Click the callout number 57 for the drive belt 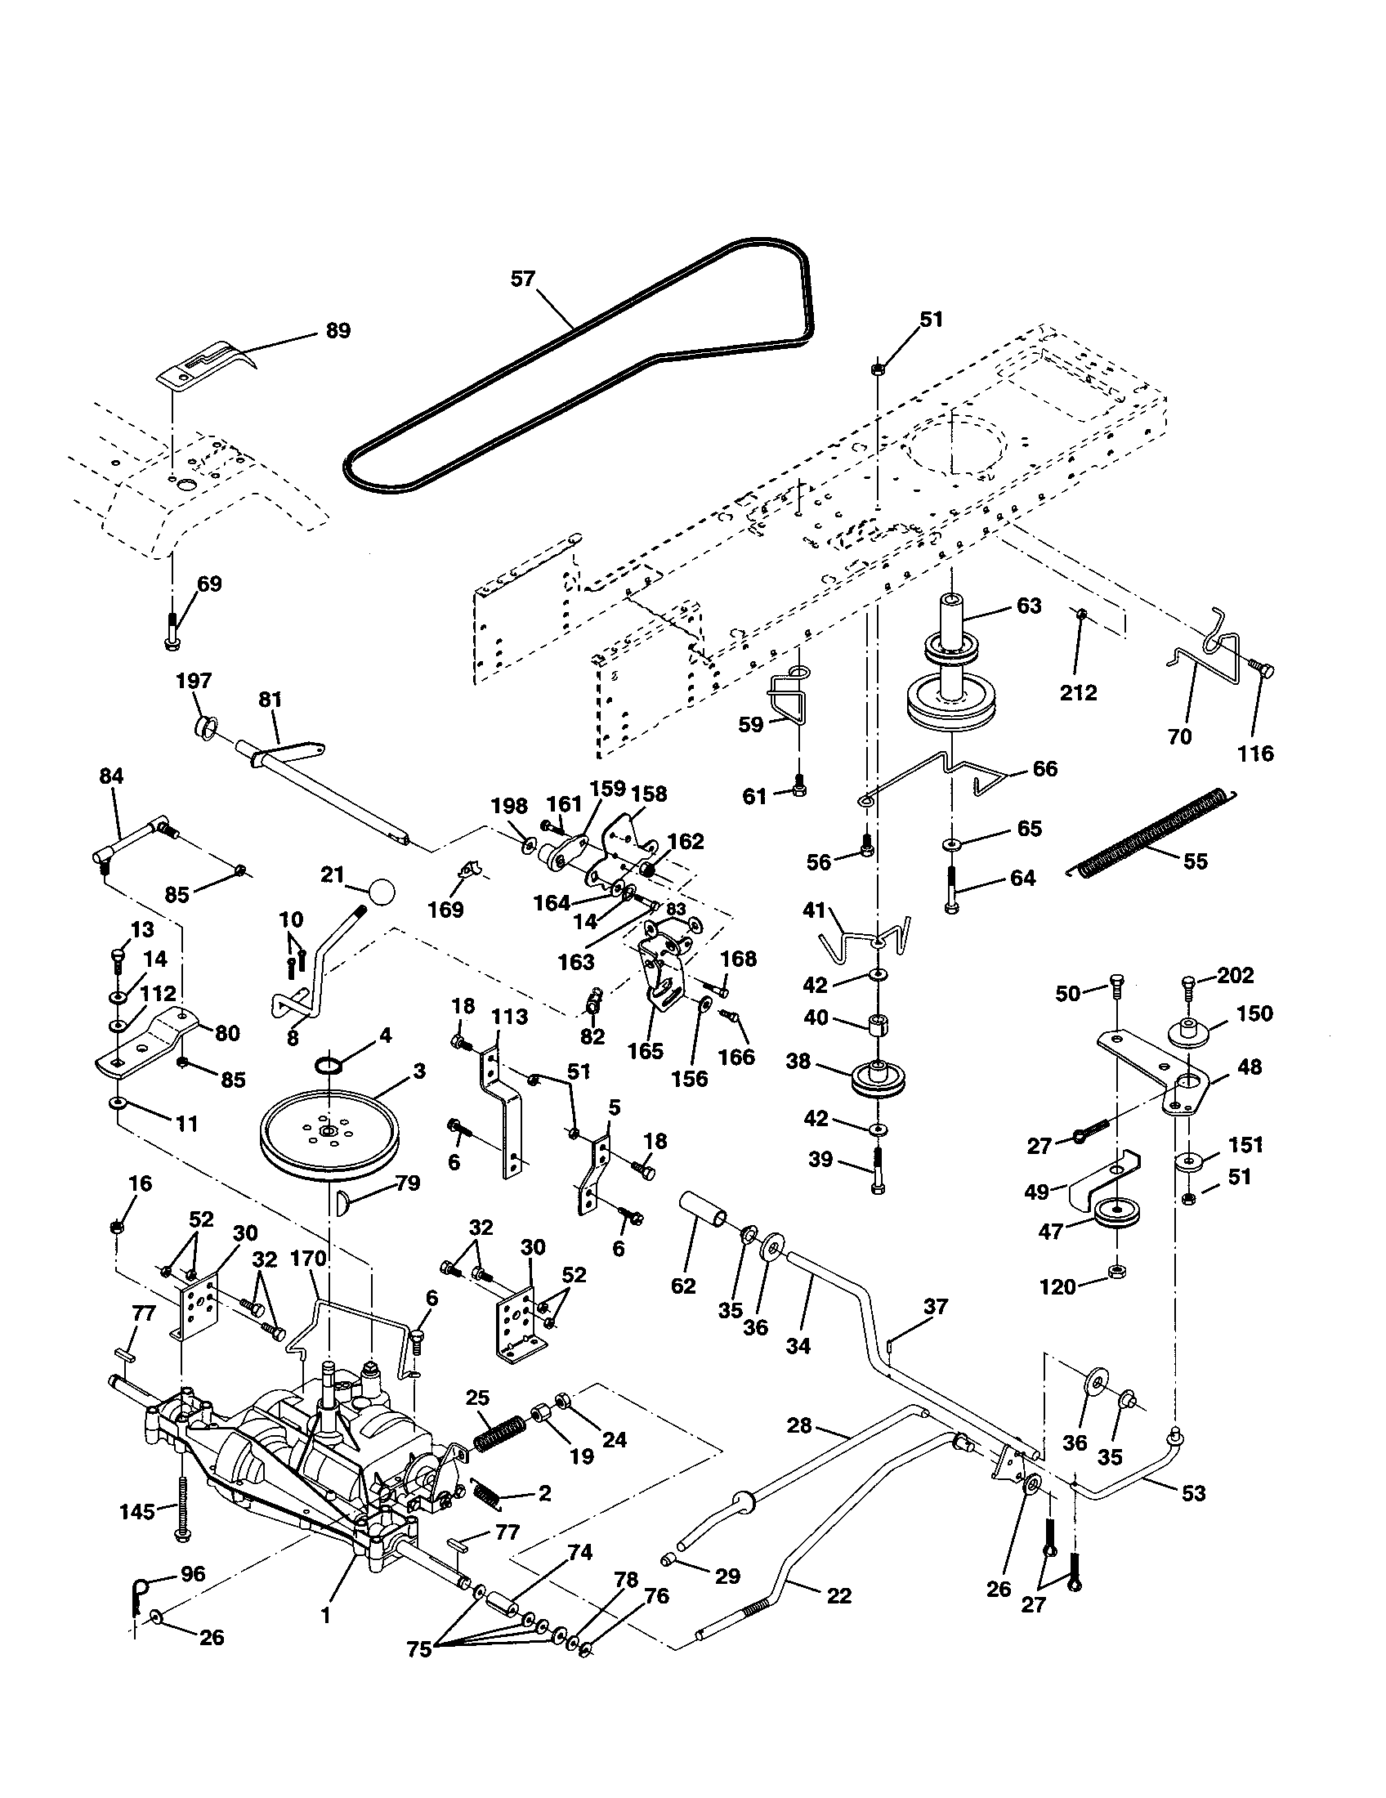point(523,279)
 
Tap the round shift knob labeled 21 point(380,892)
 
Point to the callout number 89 point(338,331)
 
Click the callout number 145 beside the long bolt point(136,1511)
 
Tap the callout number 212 point(1078,692)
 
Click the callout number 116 point(1256,753)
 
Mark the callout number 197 point(194,681)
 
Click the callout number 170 point(309,1259)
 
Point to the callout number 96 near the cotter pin point(193,1574)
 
